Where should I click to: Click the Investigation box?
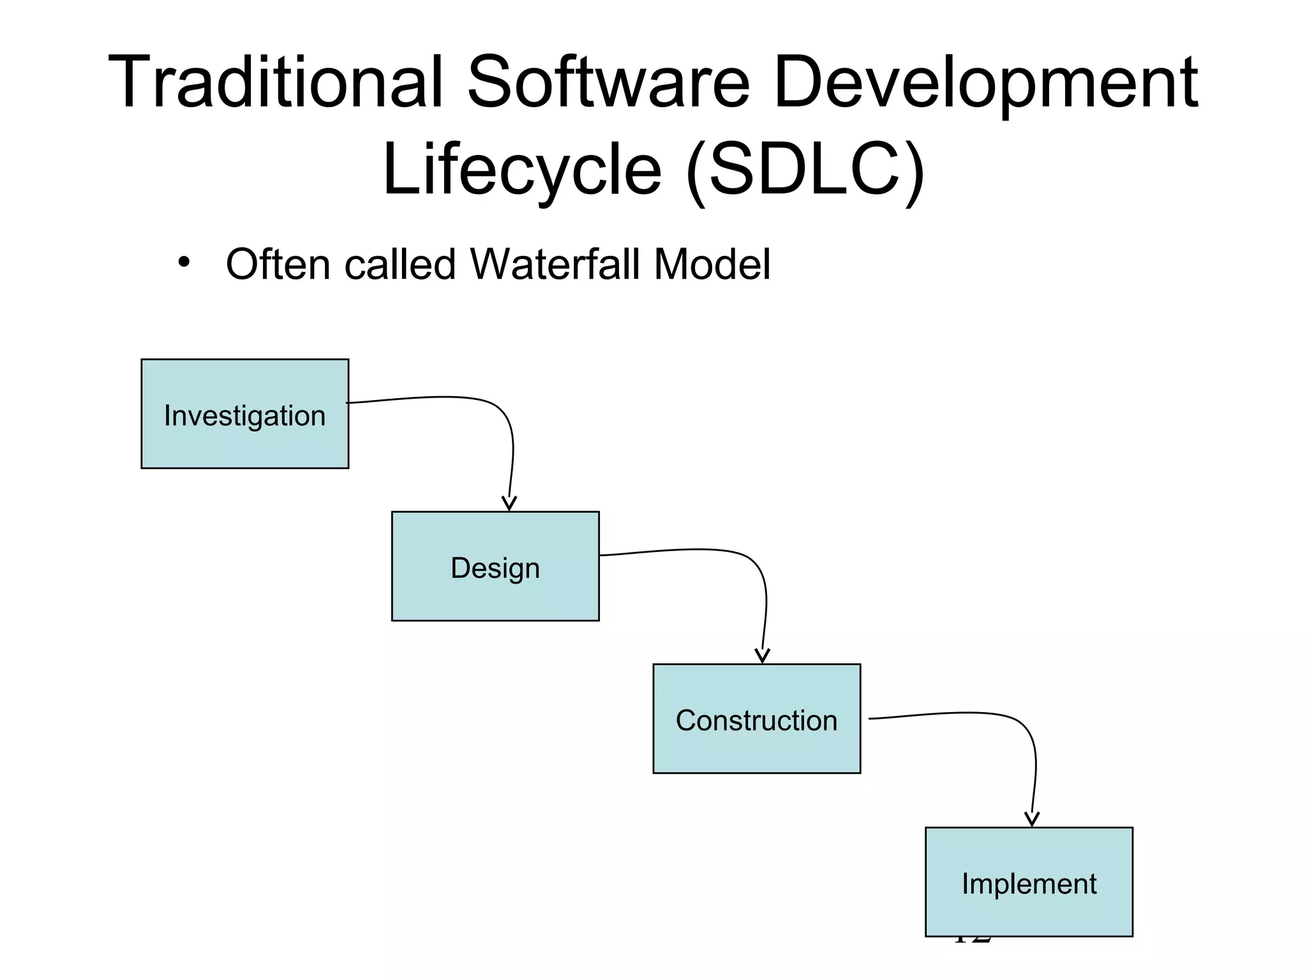click(x=244, y=414)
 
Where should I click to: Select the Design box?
click(x=495, y=567)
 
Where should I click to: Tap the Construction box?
click(x=756, y=719)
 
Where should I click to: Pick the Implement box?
click(x=1029, y=882)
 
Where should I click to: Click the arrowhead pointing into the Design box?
click(x=509, y=503)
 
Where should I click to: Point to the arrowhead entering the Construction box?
click(x=762, y=656)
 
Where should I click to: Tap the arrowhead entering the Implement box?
click(x=1031, y=819)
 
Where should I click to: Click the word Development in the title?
click(x=985, y=83)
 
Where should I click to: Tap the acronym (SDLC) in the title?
click(x=805, y=170)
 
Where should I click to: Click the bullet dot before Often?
click(x=184, y=262)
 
